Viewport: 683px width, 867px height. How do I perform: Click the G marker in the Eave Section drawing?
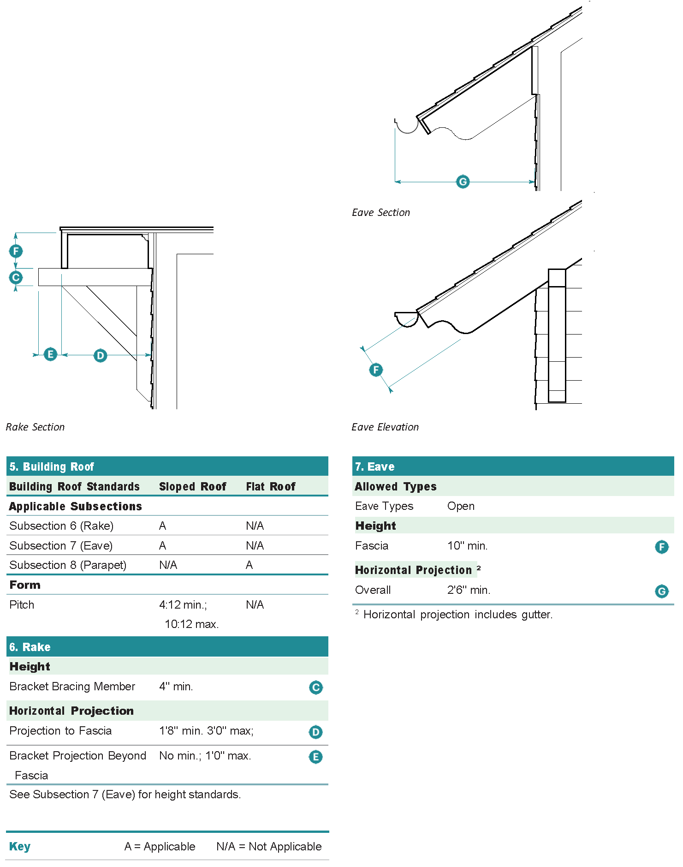[463, 181]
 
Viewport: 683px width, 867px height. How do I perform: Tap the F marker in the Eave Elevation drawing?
[376, 369]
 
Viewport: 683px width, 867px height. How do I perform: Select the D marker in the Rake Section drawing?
[100, 355]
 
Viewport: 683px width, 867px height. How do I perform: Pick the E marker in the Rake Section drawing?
[50, 354]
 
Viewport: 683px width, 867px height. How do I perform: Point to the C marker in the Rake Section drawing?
[16, 277]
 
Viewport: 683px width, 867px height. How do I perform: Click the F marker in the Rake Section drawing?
[16, 251]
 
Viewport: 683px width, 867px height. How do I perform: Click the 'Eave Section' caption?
[380, 212]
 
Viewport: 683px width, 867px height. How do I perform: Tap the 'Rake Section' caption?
[35, 427]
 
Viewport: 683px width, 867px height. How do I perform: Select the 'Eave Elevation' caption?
[385, 427]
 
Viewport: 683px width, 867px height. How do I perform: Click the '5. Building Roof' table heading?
[52, 466]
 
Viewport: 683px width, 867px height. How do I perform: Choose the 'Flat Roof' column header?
[270, 486]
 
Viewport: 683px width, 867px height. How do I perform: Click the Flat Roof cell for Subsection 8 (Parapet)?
[249, 565]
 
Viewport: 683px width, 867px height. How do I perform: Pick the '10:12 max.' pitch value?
[191, 624]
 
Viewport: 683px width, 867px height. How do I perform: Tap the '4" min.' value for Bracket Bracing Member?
[176, 686]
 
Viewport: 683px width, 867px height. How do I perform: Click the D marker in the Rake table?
[315, 732]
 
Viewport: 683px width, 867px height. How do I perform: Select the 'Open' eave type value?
[460, 506]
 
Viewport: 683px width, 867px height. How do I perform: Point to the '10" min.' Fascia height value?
[467, 546]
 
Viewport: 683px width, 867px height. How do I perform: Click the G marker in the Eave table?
[661, 591]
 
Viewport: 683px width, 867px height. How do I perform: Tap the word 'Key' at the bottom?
[20, 846]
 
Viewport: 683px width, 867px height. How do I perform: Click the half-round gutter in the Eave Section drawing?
[406, 126]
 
